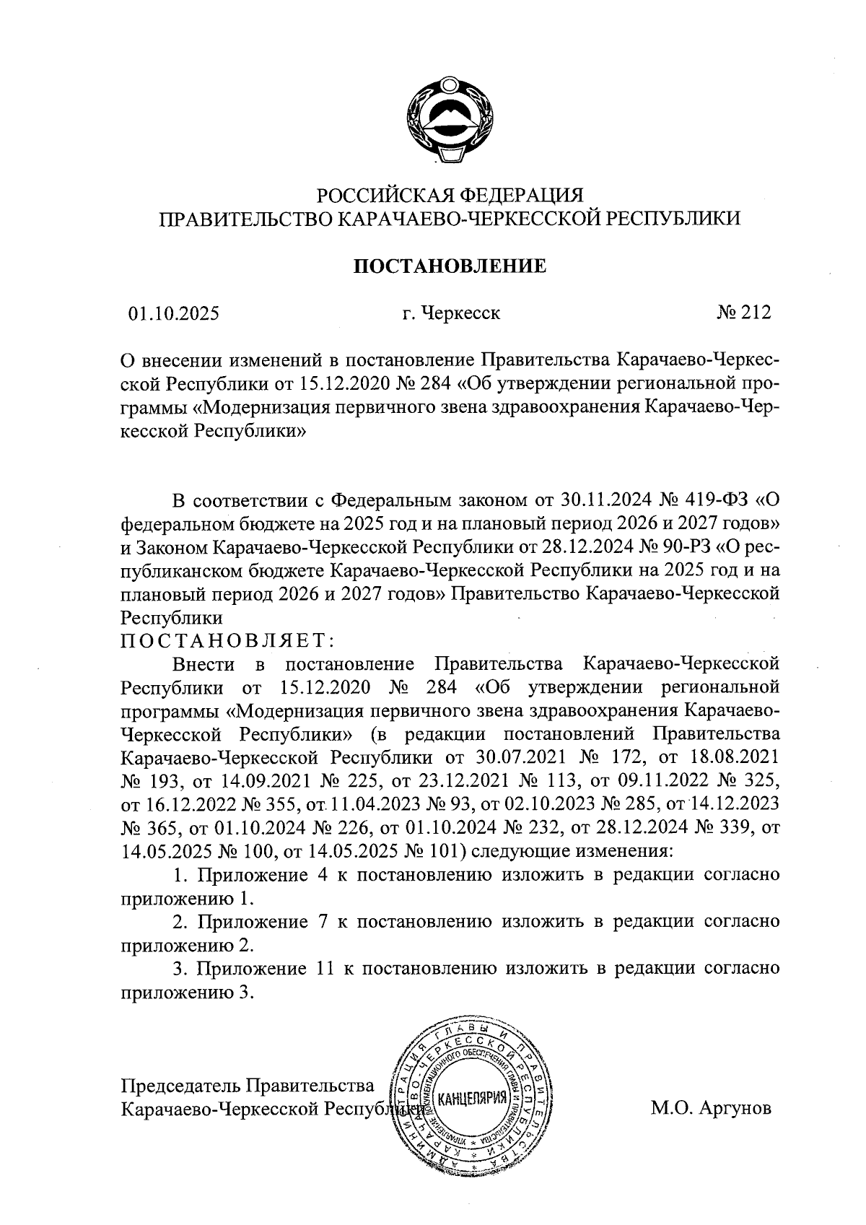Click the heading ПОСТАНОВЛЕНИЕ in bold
pyautogui.click(x=449, y=266)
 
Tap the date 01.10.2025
pyautogui.click(x=174, y=313)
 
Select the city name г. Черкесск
pyautogui.click(x=451, y=313)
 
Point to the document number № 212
pyautogui.click(x=744, y=313)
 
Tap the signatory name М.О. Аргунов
pyautogui.click(x=711, y=1107)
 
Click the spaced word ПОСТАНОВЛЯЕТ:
pyautogui.click(x=227, y=640)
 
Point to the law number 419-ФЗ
pyautogui.click(x=713, y=499)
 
